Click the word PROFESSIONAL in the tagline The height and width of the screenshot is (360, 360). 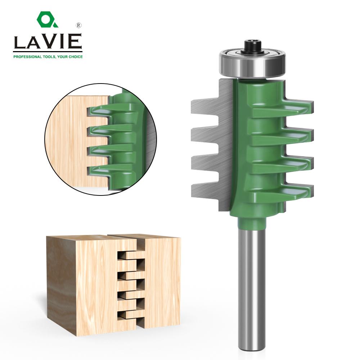27,57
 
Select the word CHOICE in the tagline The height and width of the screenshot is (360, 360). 75,57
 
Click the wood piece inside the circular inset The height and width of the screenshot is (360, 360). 68,144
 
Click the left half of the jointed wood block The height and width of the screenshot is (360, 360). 83,284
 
